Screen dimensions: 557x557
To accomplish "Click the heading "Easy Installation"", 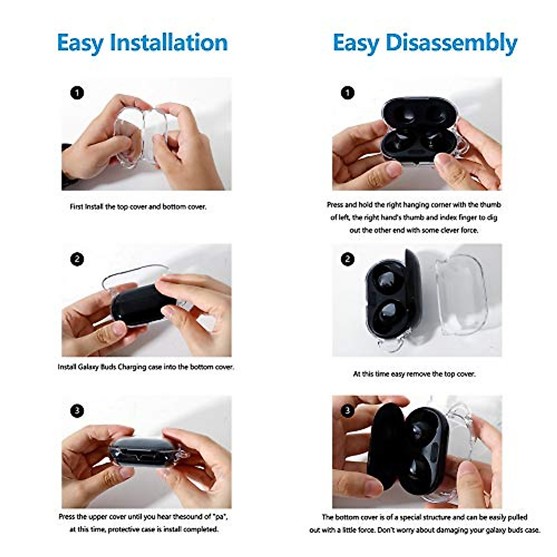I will [142, 43].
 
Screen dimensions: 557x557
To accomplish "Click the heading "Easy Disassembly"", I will [425, 43].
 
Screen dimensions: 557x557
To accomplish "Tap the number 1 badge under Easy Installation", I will [77, 93].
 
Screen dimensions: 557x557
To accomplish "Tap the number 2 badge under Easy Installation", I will [77, 259].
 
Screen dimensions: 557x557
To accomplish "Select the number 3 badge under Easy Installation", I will [77, 411].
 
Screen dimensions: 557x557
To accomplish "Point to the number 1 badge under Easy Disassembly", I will [348, 93].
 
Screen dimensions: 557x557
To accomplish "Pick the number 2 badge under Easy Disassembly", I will [348, 259].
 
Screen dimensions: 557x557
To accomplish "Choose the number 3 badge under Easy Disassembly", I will [348, 411].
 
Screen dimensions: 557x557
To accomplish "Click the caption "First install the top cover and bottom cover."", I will [138, 207].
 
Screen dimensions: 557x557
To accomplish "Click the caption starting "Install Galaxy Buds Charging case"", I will [146, 367].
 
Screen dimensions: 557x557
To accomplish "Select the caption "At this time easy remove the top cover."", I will [414, 374].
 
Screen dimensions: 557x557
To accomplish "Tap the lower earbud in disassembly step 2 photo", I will [389, 317].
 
